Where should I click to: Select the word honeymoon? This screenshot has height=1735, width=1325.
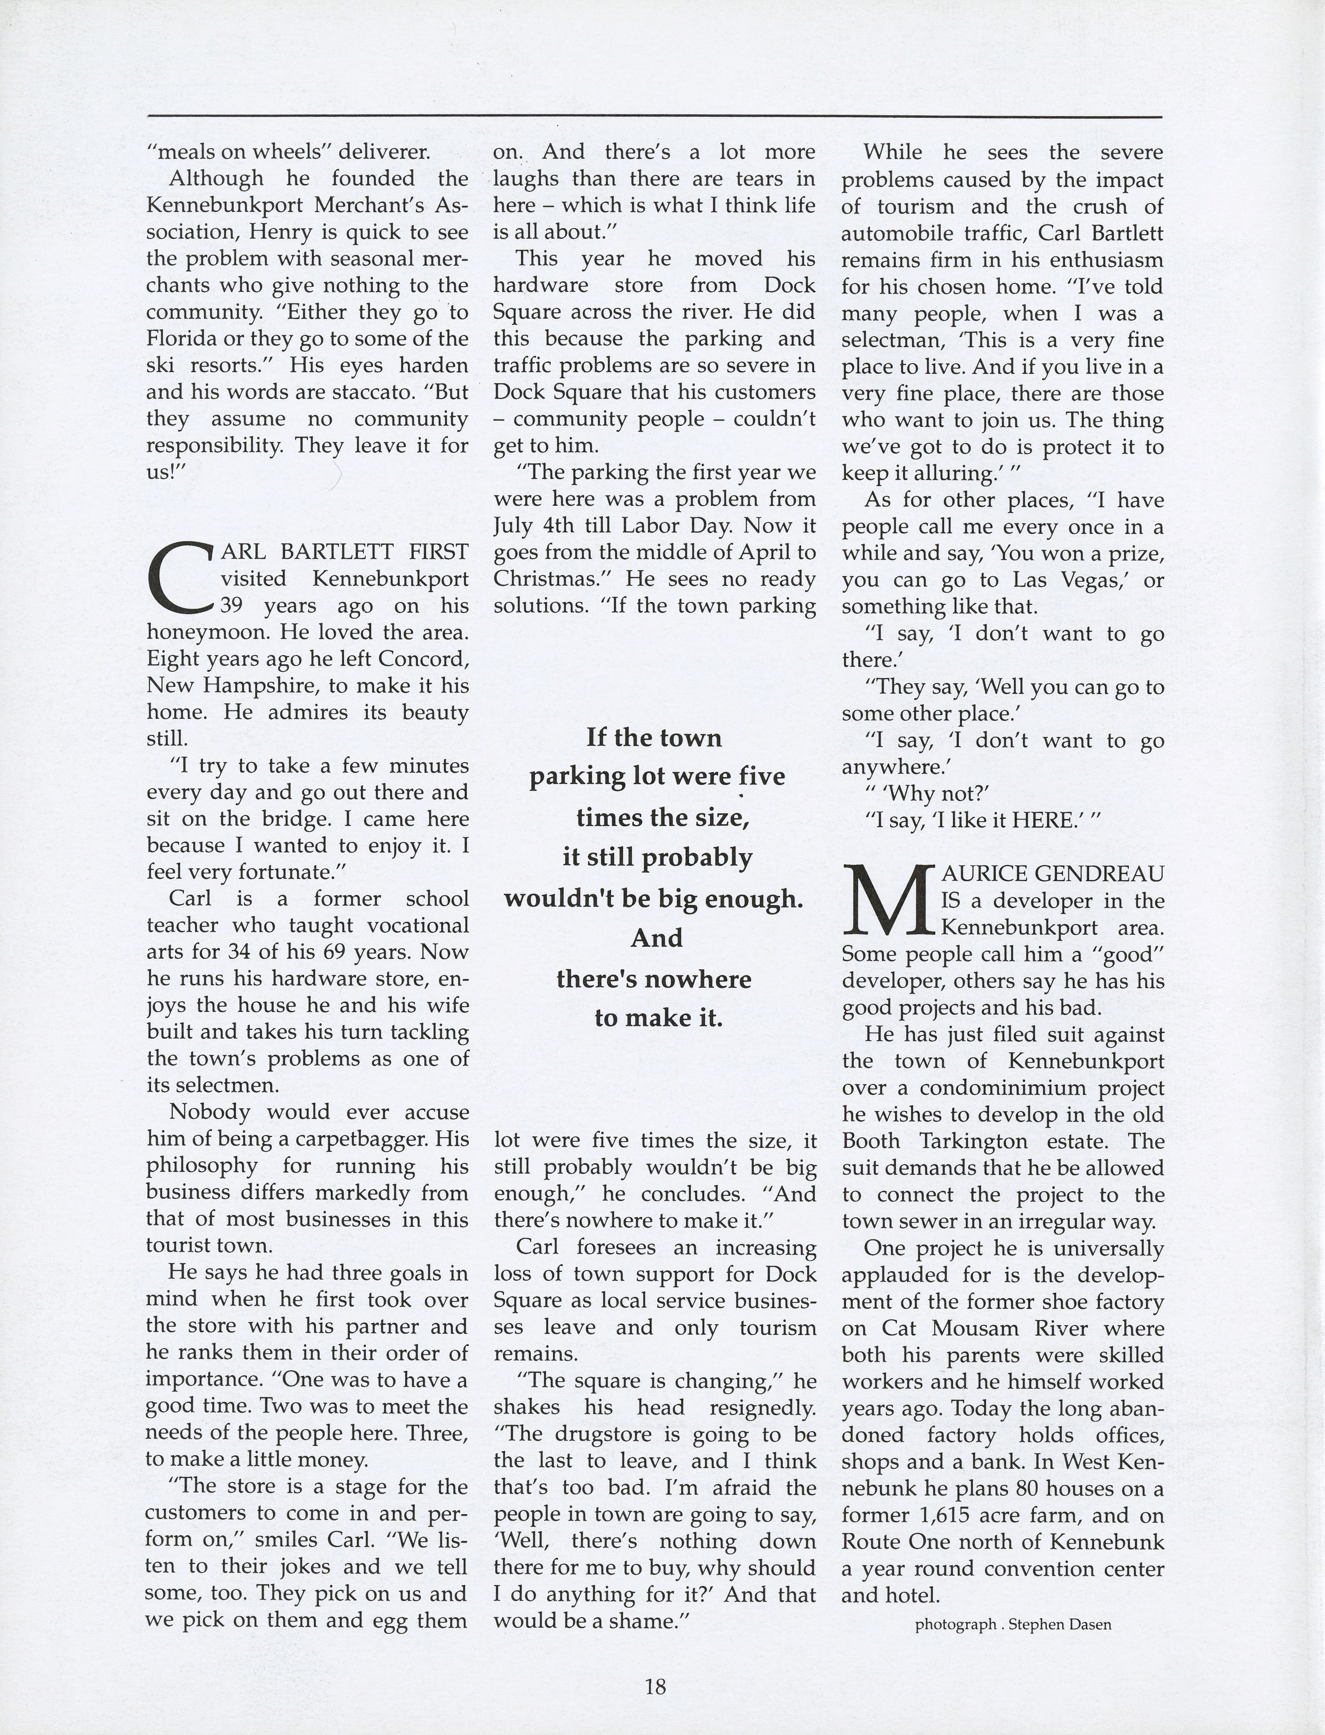click(197, 633)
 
